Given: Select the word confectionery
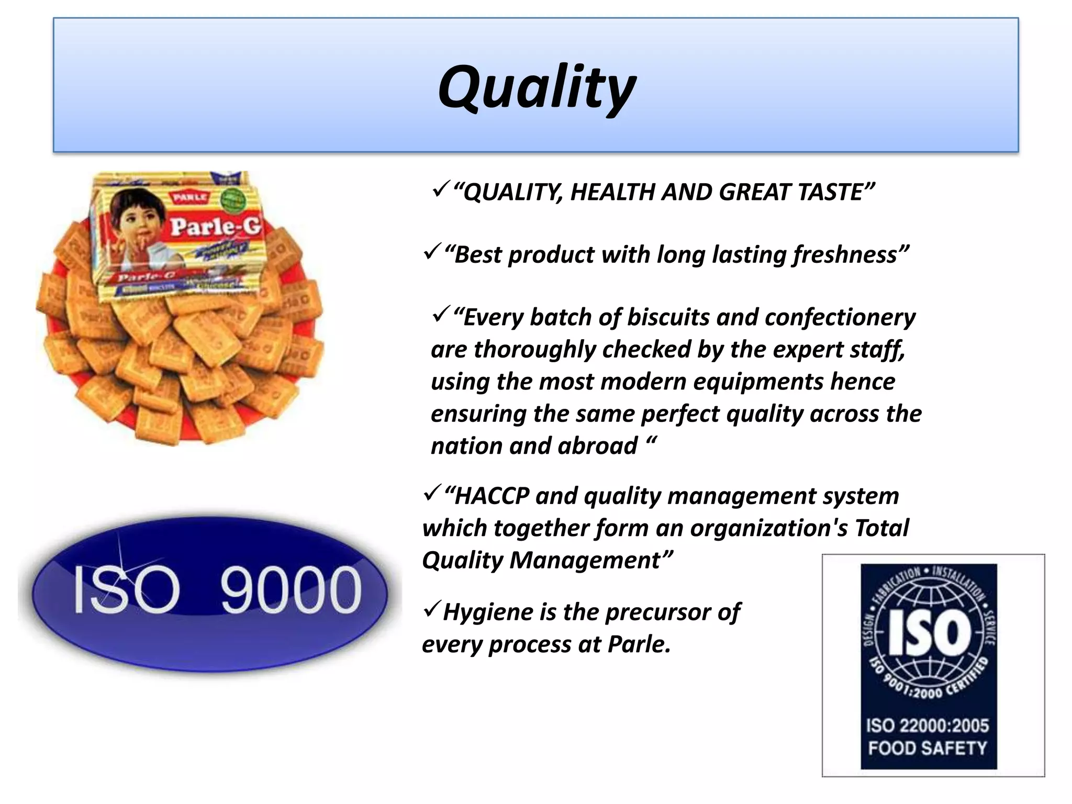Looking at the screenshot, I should click(x=840, y=318).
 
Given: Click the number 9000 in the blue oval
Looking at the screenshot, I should click(x=291, y=590).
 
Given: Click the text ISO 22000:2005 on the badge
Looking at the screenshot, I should click(x=928, y=725).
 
